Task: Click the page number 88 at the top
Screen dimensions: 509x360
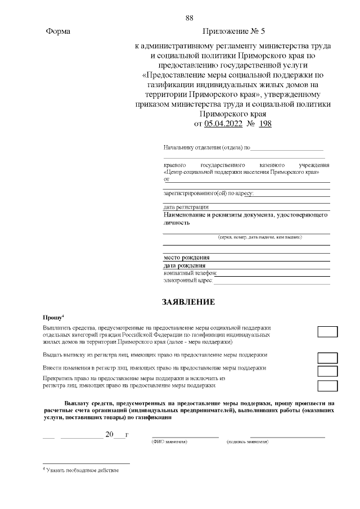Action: pos(190,19)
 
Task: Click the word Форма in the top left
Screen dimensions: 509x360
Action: pos(58,32)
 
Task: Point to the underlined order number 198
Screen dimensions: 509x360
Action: pos(265,124)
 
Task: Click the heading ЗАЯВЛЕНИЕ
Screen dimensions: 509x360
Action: pos(188,302)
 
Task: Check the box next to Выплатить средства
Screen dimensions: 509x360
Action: pos(327,331)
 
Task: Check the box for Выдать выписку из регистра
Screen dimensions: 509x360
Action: pos(327,358)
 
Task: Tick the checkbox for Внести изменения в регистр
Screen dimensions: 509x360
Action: pos(327,371)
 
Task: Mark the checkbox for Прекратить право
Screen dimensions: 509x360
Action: pos(327,385)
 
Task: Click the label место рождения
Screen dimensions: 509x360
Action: pos(183,258)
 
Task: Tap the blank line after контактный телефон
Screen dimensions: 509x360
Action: pos(273,273)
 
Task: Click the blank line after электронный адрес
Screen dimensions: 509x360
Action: pos(271,281)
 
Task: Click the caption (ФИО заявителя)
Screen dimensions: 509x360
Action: pos(170,442)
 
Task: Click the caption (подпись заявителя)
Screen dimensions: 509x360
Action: pos(247,442)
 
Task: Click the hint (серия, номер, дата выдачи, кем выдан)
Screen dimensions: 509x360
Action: pos(260,237)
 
